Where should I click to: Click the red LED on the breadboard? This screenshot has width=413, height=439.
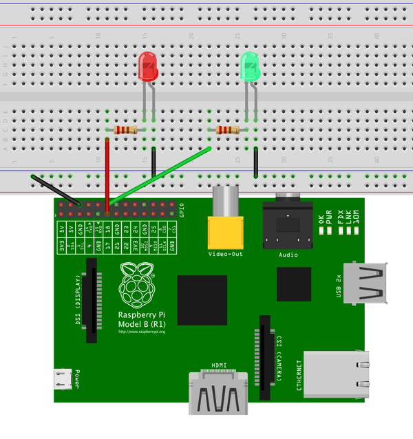point(148,67)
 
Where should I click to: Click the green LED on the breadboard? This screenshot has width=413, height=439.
point(250,67)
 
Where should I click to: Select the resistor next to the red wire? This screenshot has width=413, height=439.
point(126,130)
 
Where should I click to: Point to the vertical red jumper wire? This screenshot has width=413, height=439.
point(107,172)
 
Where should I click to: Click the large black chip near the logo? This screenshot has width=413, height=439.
point(202,300)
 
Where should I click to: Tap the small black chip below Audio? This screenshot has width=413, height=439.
point(294,284)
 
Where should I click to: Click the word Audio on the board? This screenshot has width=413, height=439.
point(288,255)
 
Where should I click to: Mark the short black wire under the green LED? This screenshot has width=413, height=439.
point(255,162)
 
